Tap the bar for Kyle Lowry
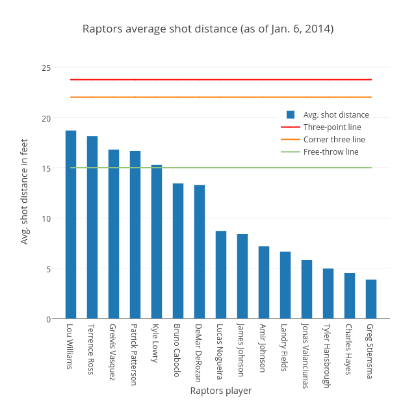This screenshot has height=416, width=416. point(157,242)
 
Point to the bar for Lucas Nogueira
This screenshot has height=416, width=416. point(221,274)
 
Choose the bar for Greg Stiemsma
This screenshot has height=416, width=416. point(371,299)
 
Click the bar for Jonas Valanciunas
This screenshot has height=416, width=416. point(307,289)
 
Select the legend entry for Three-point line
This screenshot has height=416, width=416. point(331,127)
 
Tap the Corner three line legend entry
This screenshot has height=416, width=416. point(333,140)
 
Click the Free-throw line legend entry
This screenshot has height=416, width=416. point(330,152)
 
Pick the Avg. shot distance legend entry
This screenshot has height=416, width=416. point(335,115)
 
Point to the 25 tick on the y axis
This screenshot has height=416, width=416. point(46,68)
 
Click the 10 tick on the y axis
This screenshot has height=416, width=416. point(46,218)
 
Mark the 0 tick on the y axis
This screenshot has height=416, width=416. point(48,318)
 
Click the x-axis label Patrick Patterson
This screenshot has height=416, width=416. point(135,354)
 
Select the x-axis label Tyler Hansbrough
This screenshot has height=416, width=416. point(328,356)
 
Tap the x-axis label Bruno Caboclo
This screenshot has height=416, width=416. point(177,350)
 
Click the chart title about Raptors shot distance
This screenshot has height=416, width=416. point(208,29)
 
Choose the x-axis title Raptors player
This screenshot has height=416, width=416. point(221,391)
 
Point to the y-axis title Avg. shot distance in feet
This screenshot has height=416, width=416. point(25,191)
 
